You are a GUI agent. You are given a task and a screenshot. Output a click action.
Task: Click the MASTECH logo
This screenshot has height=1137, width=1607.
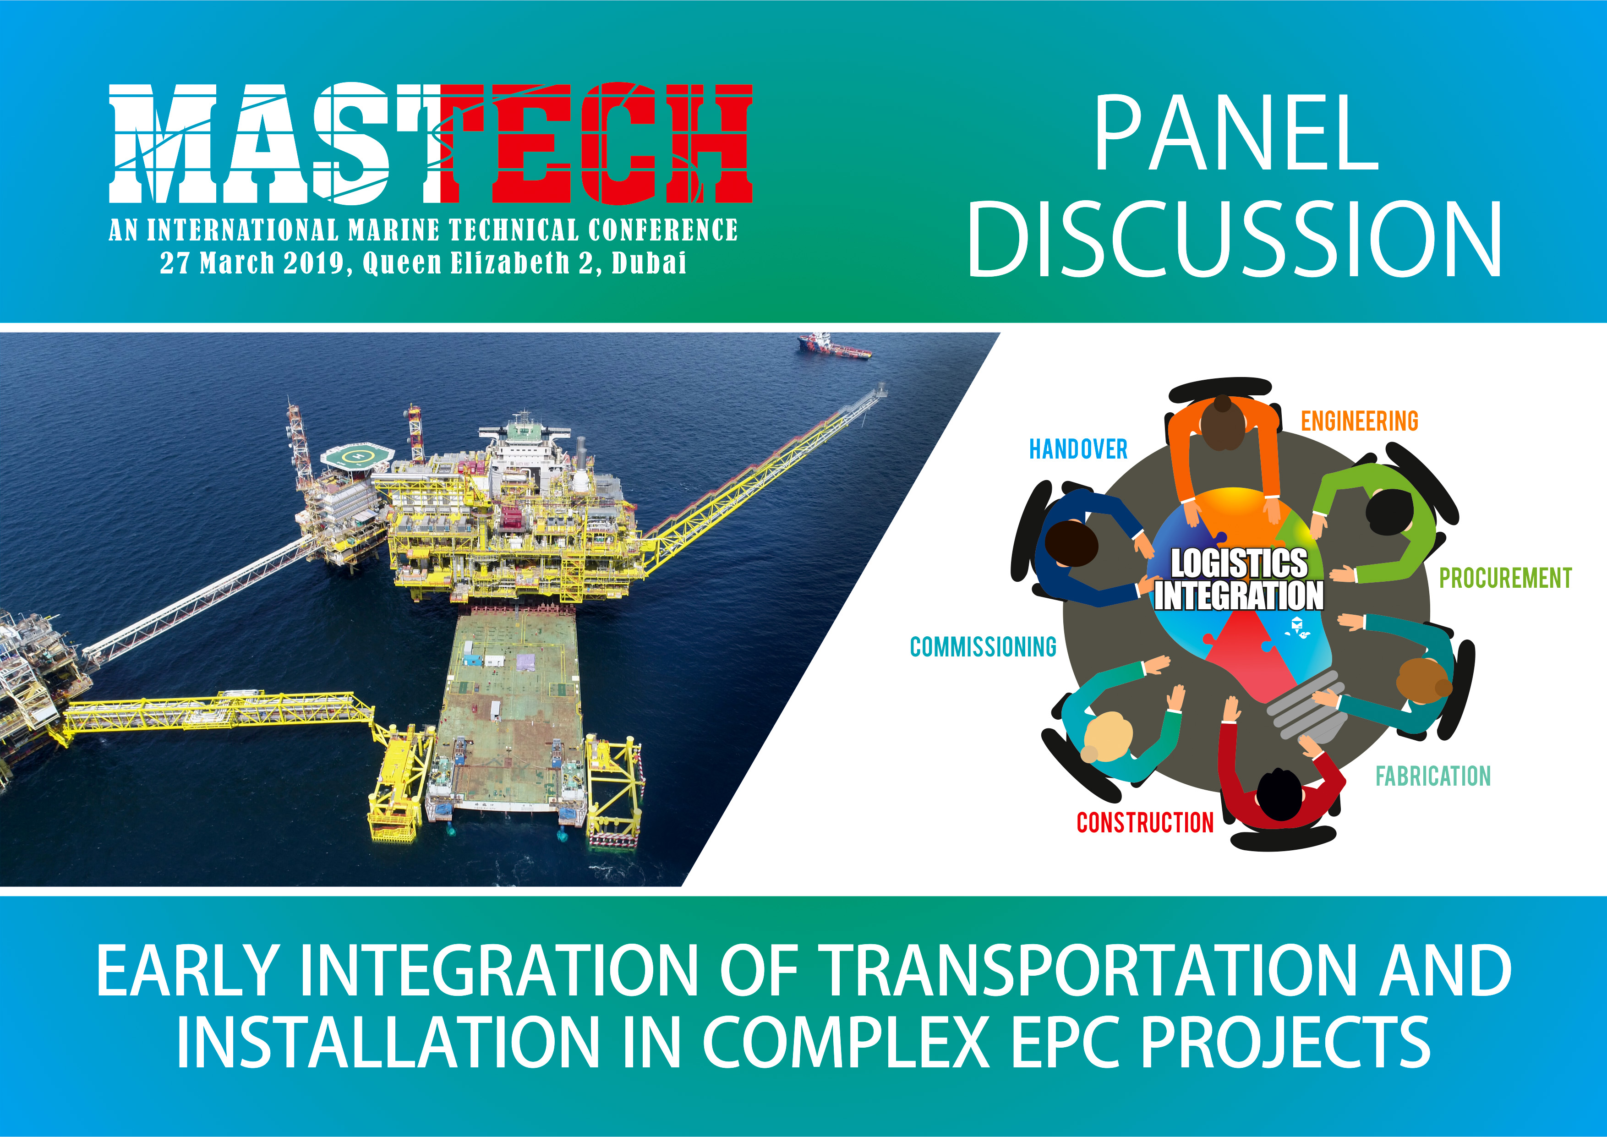point(431,143)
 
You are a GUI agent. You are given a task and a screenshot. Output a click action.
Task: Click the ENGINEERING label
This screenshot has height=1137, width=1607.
point(1359,421)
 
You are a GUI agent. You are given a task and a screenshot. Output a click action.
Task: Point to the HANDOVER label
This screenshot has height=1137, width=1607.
point(1078,449)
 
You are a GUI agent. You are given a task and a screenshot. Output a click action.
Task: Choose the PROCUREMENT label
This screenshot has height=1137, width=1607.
point(1505,578)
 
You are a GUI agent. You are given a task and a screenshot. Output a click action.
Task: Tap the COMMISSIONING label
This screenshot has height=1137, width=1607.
point(984,646)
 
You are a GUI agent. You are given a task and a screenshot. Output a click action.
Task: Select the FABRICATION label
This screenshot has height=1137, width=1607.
point(1433,776)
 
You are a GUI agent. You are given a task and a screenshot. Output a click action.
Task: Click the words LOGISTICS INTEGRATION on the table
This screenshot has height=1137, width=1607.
point(1239,579)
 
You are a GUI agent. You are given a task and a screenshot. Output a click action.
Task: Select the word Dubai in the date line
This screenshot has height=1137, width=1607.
point(649,263)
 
